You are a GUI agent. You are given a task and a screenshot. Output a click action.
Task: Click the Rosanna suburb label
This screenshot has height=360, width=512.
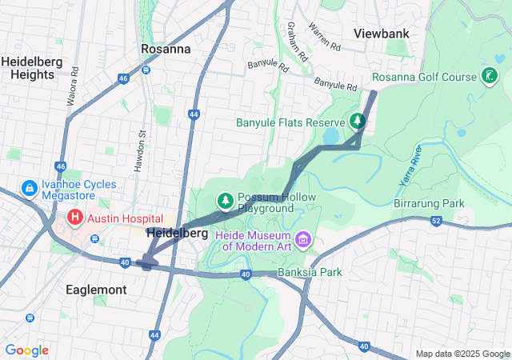click(166, 49)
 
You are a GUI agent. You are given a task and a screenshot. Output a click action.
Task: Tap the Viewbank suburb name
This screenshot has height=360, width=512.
click(382, 34)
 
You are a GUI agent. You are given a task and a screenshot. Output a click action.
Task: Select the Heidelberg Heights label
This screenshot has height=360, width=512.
click(28, 67)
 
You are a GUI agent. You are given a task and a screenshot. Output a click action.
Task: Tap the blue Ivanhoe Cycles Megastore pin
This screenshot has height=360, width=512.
click(29, 188)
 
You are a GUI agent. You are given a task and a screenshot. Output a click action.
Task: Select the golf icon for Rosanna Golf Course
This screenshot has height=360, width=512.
click(486, 77)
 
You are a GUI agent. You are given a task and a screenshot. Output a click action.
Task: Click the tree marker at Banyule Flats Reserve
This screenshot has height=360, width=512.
click(357, 122)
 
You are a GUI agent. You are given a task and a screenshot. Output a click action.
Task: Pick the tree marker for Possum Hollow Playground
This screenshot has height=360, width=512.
click(226, 201)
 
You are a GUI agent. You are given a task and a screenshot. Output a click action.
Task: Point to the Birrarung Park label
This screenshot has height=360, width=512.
click(429, 203)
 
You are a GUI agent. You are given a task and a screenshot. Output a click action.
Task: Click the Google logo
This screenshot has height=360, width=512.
click(26, 350)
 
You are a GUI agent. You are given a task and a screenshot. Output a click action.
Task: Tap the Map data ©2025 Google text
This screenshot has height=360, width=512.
click(462, 354)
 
